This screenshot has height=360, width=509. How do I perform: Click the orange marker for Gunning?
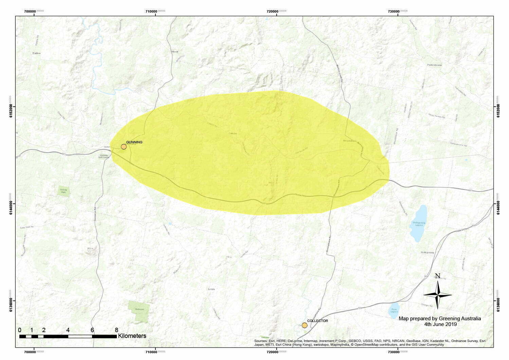click(x=124, y=147)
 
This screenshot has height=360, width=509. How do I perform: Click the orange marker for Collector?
click(x=305, y=325)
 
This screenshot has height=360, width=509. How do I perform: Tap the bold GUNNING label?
click(x=134, y=142)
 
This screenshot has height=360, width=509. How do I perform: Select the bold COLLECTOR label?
click(x=317, y=321)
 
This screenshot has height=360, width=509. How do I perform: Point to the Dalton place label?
click(x=36, y=53)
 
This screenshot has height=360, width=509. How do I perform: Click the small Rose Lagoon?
click(x=394, y=310)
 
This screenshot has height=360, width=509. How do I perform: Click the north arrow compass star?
click(x=438, y=295)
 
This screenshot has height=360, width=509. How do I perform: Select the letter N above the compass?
click(x=438, y=276)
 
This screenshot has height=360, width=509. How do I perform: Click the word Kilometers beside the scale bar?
click(x=132, y=336)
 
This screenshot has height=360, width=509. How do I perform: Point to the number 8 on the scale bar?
click(x=116, y=330)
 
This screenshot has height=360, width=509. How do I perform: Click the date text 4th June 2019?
click(x=440, y=324)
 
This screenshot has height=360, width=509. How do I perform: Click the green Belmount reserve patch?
click(x=139, y=311)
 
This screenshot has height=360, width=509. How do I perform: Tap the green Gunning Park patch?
click(x=63, y=192)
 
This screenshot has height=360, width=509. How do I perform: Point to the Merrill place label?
click(x=175, y=52)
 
